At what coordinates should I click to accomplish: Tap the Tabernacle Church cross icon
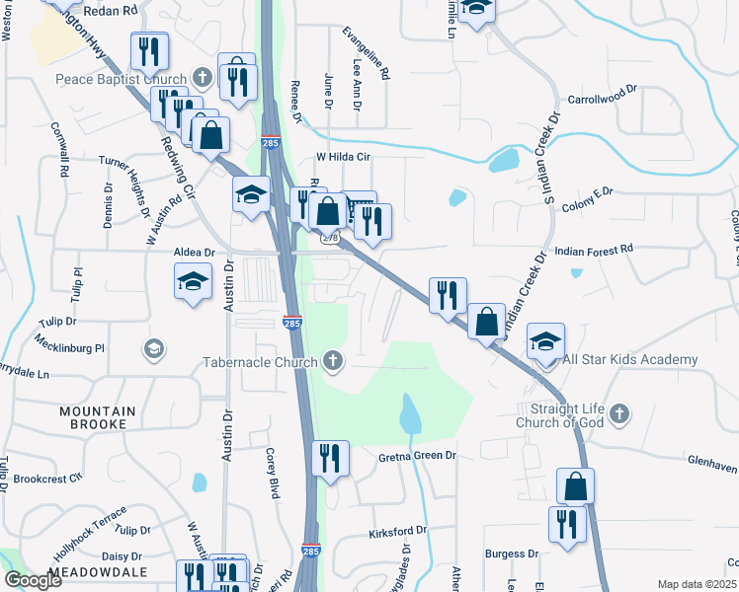(x=333, y=361)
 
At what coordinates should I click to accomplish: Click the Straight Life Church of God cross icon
(x=618, y=411)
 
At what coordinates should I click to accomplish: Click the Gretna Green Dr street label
(x=418, y=456)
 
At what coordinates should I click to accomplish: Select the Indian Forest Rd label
(x=591, y=252)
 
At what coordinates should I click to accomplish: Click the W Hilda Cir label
(x=342, y=157)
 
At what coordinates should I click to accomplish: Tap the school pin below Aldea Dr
(x=194, y=282)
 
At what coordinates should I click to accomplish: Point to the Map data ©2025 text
(x=697, y=584)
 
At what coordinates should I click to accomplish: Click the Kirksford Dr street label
(x=397, y=531)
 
